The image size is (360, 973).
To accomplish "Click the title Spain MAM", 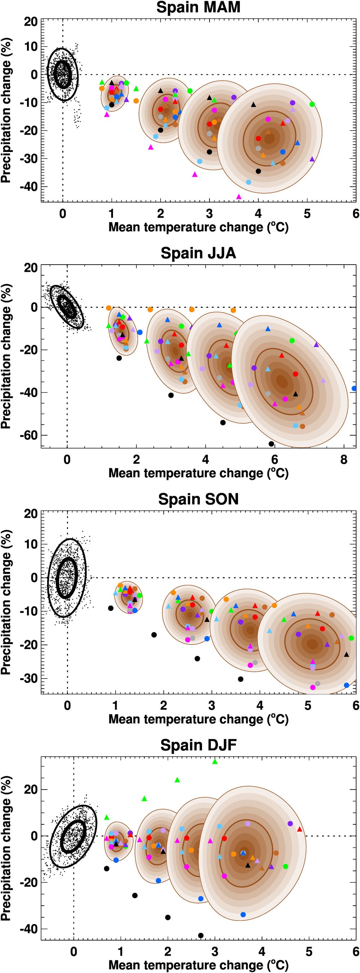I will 198,8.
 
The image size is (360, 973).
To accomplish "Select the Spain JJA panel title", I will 198,253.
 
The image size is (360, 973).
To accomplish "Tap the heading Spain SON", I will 198,499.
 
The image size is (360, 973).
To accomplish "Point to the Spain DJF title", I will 198,745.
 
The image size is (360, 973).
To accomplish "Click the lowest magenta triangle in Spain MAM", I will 239,197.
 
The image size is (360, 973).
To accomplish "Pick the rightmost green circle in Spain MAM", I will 312,104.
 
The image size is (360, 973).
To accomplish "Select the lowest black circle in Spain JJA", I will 271,444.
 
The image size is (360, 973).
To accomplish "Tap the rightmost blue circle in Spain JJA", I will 354,388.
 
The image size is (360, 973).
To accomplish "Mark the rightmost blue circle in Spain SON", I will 346,685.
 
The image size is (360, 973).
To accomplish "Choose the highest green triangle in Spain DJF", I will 215,762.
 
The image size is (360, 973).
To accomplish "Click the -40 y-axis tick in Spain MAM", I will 31,186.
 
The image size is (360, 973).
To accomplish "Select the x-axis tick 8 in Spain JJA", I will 343,460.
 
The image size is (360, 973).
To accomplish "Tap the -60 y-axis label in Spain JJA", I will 31,435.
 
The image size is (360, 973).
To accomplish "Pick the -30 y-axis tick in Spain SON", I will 31,679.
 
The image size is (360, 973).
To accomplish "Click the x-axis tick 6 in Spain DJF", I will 355,952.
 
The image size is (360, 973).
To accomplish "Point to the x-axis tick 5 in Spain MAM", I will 307,214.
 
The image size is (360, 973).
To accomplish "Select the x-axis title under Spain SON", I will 198,719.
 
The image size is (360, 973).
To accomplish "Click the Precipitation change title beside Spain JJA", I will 6,356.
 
